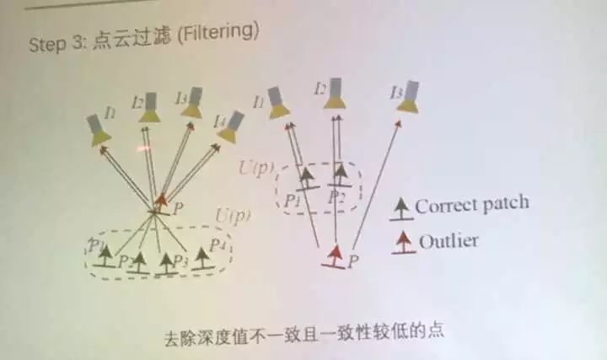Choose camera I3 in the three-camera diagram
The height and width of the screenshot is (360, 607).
(x=409, y=96)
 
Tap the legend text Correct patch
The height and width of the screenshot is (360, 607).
(x=472, y=204)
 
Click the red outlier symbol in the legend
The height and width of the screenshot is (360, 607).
(x=403, y=242)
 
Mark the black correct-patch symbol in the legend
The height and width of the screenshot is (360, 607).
(x=403, y=207)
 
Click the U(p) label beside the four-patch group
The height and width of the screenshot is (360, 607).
(x=234, y=217)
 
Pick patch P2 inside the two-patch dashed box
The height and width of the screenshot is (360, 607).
(x=341, y=178)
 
